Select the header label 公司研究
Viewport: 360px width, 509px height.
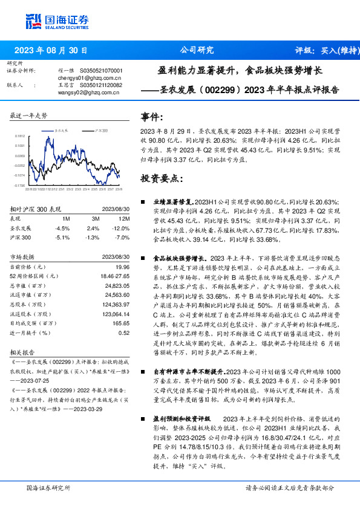(x=197, y=51)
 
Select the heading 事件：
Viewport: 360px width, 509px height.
(x=152, y=117)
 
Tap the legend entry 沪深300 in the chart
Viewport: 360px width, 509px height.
(x=101, y=130)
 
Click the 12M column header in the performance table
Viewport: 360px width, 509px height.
(x=125, y=218)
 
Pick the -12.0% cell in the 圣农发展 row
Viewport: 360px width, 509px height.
(x=122, y=228)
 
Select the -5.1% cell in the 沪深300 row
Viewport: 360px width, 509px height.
(x=62, y=238)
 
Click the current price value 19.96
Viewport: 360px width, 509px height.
(x=122, y=267)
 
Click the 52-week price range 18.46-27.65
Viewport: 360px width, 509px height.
(x=114, y=276)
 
